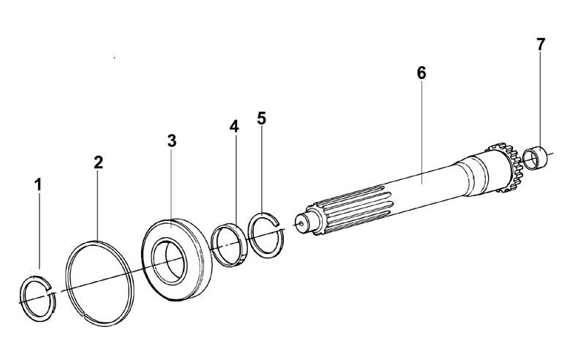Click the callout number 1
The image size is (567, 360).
click(38, 184)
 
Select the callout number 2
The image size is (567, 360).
click(98, 162)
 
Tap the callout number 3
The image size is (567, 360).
click(172, 140)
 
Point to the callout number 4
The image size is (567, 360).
click(234, 127)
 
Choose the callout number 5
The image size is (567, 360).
click(261, 119)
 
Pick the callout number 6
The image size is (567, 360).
click(421, 73)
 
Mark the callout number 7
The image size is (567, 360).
click(540, 45)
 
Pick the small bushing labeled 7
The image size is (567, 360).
click(536, 158)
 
